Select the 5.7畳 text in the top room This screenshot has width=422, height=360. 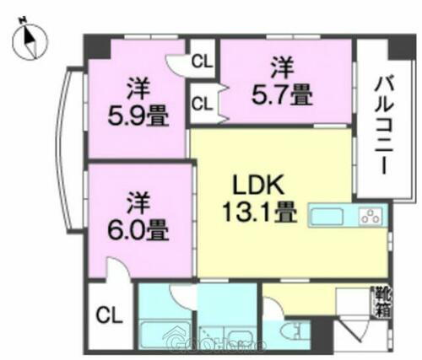(x=283, y=95)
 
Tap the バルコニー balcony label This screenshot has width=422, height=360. (x=385, y=125)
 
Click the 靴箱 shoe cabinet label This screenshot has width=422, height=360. (x=382, y=302)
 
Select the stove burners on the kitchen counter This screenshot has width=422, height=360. (x=371, y=215)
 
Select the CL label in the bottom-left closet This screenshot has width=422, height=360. (x=109, y=317)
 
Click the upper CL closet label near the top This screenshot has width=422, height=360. (x=201, y=61)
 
